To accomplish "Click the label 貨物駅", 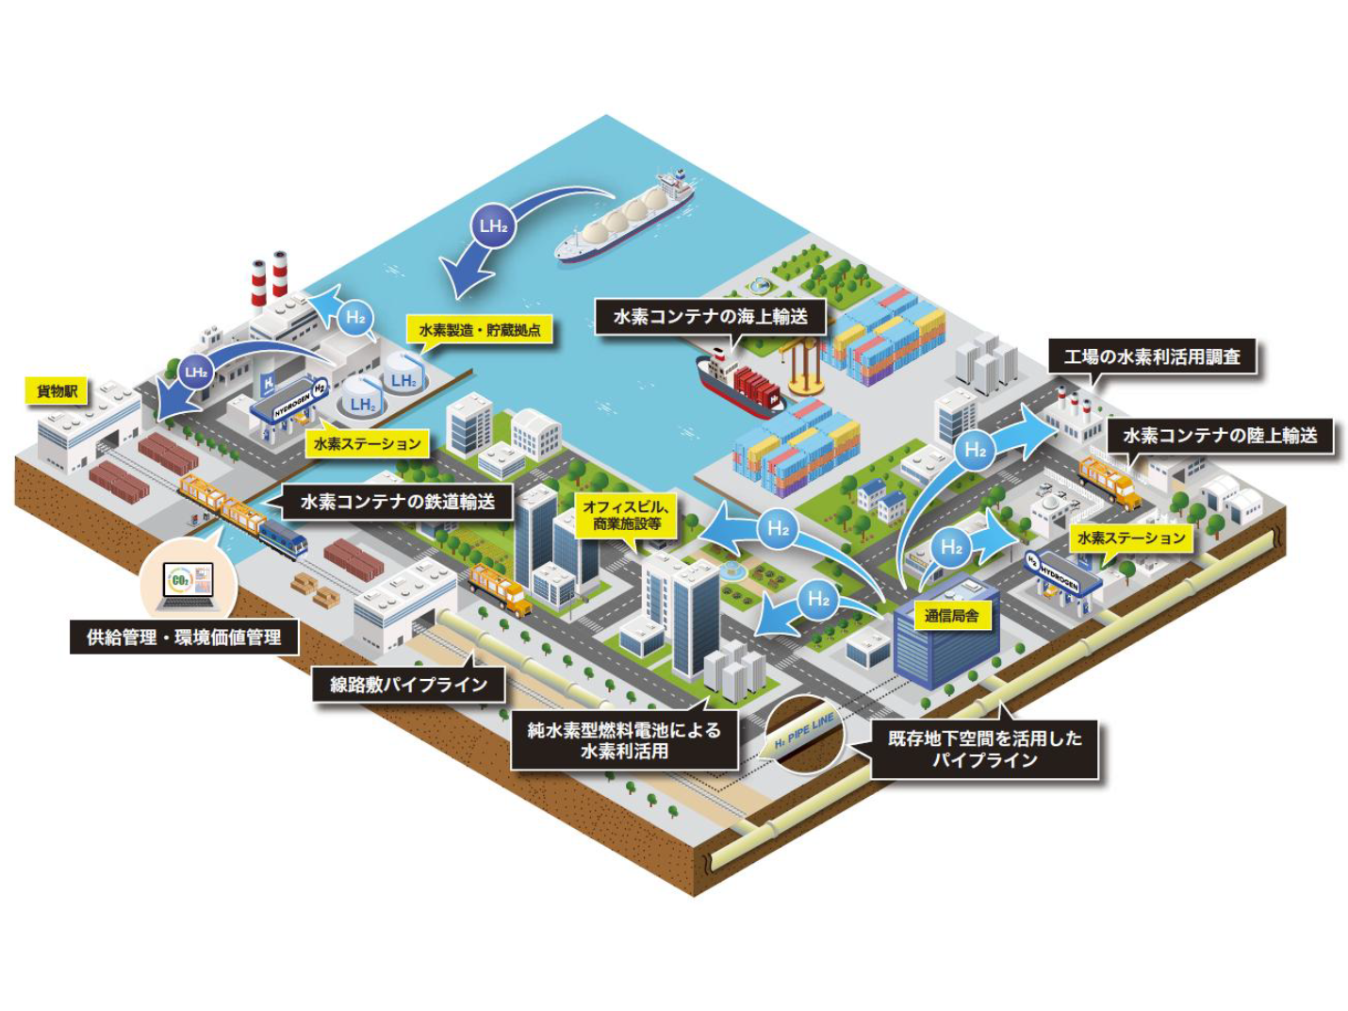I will pos(58,390).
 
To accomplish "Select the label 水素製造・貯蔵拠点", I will pos(480,330).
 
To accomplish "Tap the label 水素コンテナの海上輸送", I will pos(710,317).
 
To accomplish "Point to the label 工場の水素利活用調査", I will pos(1152,357).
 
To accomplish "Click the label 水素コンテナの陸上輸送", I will pos(1219,436).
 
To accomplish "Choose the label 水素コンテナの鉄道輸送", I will pos(397,502).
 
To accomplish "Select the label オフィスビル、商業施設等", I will pos(627,515).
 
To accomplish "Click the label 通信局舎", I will pos(950,616).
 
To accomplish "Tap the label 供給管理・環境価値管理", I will pos(184,638).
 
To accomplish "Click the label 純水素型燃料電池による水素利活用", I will pos(623,740).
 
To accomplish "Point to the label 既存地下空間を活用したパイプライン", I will pos(984,750).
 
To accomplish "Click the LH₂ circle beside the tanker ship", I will pos(493,226).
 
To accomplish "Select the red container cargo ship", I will pos(741,383).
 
